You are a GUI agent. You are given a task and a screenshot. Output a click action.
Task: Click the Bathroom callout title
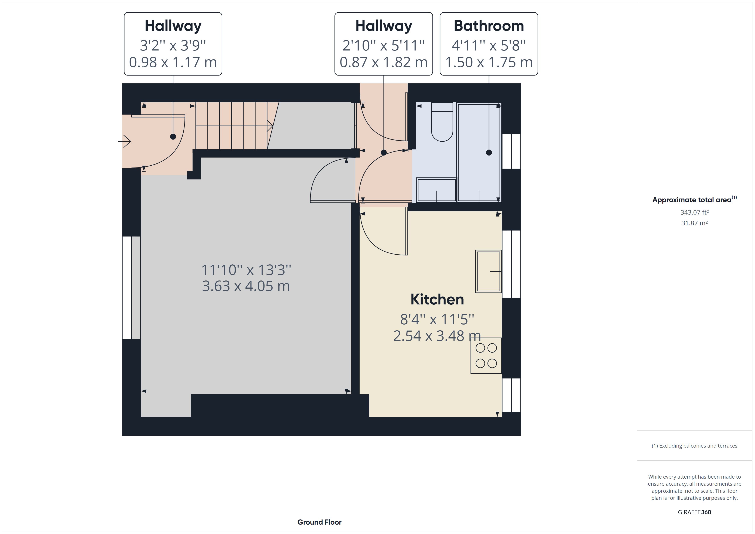point(489,26)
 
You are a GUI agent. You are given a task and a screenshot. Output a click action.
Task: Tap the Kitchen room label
point(437,300)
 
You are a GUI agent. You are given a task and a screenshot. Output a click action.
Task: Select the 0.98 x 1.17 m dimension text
point(173,62)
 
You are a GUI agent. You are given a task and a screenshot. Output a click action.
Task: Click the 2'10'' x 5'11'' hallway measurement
point(383,45)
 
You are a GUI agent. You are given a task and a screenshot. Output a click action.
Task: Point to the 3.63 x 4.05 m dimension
point(246,286)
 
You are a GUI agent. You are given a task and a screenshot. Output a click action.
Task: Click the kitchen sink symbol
point(488,271)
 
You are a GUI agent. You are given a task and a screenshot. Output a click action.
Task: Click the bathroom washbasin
point(436,190)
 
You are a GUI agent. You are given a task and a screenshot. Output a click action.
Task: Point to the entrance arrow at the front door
point(125,142)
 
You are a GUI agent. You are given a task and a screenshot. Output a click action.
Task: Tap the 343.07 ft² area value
point(694,212)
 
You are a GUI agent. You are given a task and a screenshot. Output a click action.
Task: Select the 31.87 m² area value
point(694,223)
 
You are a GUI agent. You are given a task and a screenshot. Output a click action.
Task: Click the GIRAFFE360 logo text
point(694,512)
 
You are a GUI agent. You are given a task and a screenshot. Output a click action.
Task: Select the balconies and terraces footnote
point(694,446)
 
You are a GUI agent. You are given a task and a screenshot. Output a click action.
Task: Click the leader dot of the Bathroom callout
point(489,153)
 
